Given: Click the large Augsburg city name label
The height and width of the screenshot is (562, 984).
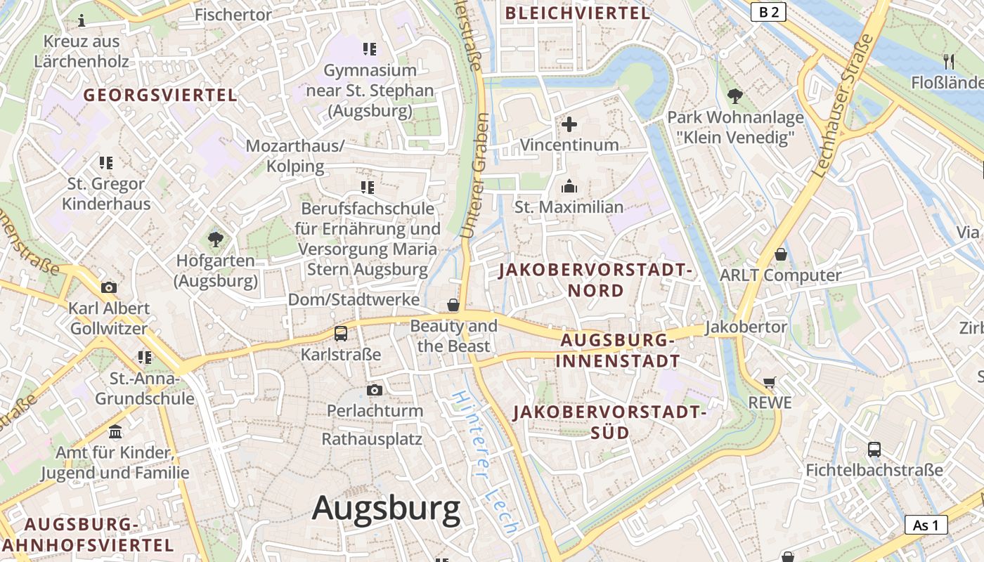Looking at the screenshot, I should tap(386, 507).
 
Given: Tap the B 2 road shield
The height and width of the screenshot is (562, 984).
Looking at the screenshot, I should tap(768, 12).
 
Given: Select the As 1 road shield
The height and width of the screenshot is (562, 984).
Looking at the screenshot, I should tap(926, 525).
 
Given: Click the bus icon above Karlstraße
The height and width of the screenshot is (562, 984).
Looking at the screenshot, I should tap(341, 334).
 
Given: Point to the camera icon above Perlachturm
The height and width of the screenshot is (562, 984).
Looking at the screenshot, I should tap(375, 390).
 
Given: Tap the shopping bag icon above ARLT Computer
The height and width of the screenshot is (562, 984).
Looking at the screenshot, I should tap(780, 254).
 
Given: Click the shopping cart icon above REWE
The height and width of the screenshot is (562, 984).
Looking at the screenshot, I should tap(770, 382).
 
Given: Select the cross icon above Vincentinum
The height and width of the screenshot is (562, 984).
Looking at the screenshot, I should tap(569, 125).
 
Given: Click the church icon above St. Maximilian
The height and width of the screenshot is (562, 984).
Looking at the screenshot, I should tap(569, 187).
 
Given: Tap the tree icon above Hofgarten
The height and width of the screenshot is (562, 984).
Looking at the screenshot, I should tap(216, 240).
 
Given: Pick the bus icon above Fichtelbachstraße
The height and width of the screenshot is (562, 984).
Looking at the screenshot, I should tap(874, 450).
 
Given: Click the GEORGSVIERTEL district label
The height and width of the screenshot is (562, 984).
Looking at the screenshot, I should tap(161, 95).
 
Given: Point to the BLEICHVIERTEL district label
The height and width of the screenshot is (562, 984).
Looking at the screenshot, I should tap(578, 13).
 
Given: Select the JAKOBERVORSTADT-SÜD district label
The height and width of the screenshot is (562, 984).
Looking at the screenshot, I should tap(609, 422).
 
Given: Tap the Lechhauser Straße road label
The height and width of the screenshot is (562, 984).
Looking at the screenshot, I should tap(842, 105).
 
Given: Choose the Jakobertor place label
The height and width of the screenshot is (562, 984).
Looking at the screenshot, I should tap(746, 327).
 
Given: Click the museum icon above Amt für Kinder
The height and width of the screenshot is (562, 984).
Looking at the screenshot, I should tap(115, 431).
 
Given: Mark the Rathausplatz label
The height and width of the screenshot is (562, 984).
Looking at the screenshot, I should tap(372, 439).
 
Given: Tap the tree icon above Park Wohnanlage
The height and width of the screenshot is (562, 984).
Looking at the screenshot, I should tap(735, 96).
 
